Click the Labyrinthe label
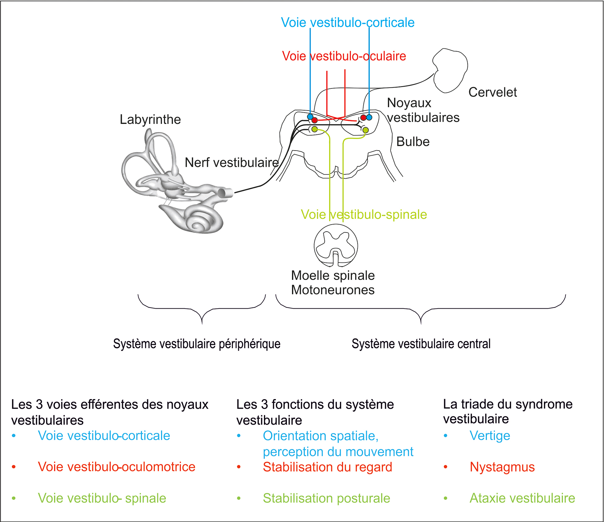tap(150, 119)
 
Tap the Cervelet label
tap(492, 92)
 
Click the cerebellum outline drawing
tap(450, 70)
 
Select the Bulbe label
tap(413, 142)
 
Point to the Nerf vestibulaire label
tap(231, 163)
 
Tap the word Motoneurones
tap(333, 290)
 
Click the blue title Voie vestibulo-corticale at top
tap(348, 23)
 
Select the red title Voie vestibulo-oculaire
tap(344, 56)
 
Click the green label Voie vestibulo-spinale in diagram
tap(364, 214)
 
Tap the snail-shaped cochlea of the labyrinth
tap(201, 220)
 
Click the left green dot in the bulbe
tap(314, 129)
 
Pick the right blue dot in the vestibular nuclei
tap(369, 117)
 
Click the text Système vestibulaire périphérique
tap(197, 343)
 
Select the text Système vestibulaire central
tap(421, 343)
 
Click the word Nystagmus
tap(502, 467)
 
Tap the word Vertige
tap(490, 436)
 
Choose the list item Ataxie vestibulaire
tap(522, 498)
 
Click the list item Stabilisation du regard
tap(327, 467)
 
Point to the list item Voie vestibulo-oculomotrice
tap(116, 467)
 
